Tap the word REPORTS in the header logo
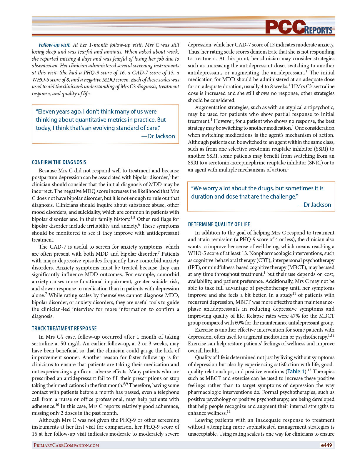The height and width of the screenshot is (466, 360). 318,30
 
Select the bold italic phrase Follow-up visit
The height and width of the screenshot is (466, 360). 54,45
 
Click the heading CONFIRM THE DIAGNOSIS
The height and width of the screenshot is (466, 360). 59,162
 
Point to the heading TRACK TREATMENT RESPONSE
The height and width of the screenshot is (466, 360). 64,329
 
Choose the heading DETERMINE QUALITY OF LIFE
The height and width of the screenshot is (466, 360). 219,224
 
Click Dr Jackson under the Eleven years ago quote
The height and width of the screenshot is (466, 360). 161,136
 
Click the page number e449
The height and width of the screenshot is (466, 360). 326,445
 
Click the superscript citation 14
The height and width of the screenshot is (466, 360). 229,412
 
